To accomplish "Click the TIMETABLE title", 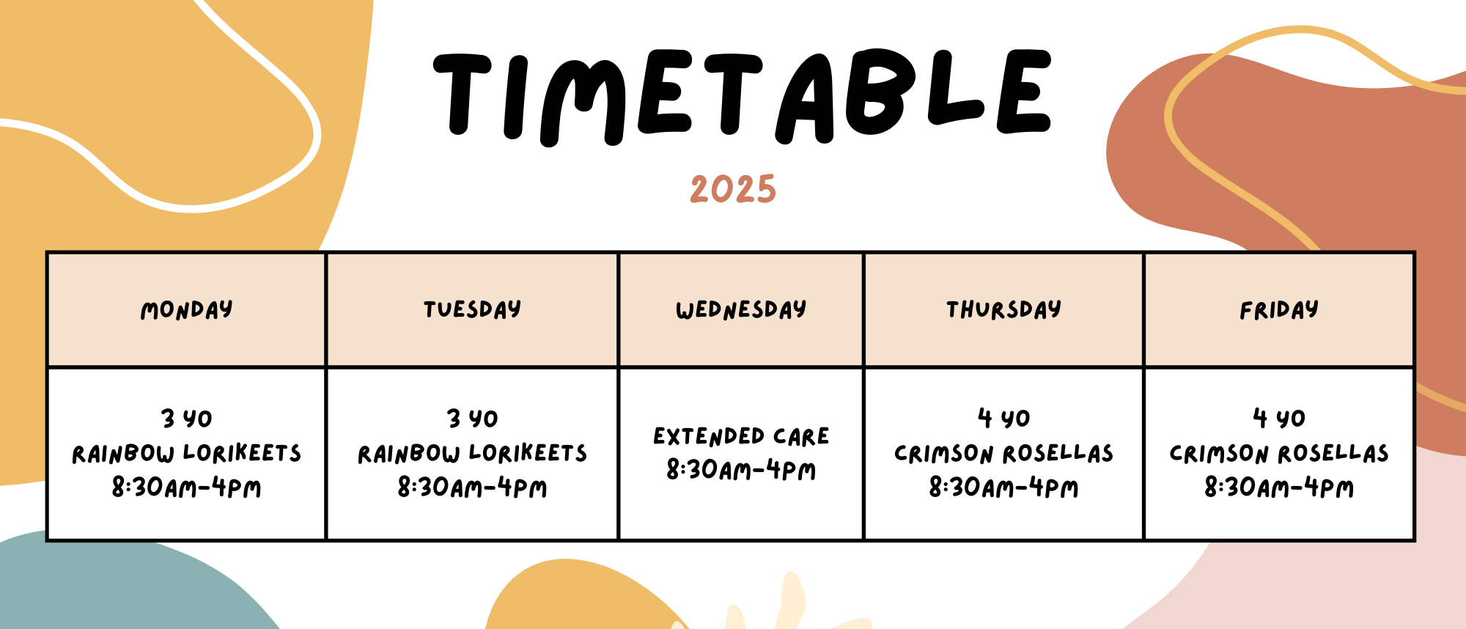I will point(742,95).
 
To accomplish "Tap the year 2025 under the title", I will point(733,189).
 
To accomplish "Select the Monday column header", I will point(186,310).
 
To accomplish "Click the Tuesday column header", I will point(472,309).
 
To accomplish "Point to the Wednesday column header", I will point(741,309).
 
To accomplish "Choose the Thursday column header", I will point(1003,309).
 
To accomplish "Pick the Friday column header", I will point(1279,310).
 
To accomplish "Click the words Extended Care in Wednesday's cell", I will point(741,436).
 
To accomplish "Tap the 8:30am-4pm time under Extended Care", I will point(741,470).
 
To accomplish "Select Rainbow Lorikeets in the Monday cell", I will point(186,453).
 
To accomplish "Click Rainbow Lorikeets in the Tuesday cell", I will point(472,453).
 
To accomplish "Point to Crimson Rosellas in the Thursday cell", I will point(1003,453).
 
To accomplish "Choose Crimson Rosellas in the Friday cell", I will point(1279,453).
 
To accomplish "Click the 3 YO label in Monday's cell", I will point(186,419).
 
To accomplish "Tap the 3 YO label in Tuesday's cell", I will point(472,419).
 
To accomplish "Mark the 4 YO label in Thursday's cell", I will point(1003,418).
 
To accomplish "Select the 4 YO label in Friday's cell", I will point(1279,418).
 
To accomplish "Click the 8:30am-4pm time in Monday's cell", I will point(186,488).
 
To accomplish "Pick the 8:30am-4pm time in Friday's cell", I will point(1279,488).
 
